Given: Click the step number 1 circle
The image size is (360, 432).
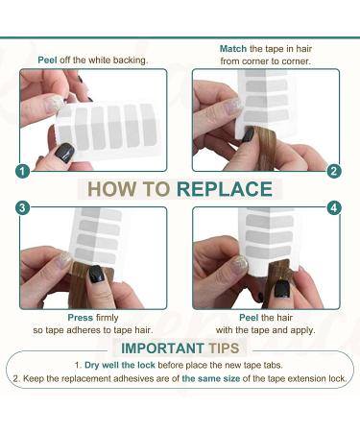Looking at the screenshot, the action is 22,172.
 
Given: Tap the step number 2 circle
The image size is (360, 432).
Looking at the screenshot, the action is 334,171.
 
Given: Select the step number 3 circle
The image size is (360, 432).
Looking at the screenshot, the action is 22,208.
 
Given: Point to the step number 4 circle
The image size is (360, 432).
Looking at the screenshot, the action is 334,208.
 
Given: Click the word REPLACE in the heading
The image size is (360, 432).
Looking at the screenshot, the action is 225,189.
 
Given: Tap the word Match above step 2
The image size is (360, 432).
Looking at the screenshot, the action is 233,49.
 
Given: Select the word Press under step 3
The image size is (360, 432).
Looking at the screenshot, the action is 80,318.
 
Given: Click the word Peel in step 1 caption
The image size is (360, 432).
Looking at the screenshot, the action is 47,60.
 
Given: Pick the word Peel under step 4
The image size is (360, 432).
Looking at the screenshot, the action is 249,318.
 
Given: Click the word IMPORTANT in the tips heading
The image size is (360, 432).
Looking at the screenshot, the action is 162,348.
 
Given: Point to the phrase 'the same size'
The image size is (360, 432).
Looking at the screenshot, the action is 211,378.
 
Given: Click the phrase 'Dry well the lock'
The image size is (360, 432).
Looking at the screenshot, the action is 120,365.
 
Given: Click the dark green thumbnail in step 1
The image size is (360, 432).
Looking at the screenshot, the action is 64,153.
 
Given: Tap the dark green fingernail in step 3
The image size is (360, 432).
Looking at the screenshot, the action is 96,275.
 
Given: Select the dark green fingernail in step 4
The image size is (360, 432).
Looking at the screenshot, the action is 281,289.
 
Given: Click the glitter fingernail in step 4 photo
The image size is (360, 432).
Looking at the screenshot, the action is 240,265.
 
